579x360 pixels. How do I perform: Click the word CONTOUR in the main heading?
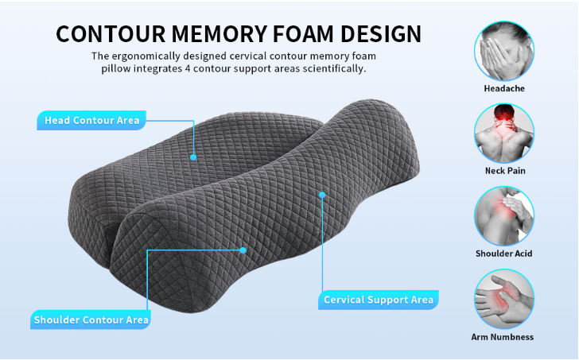click(x=111, y=34)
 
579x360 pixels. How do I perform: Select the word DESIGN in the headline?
click(x=381, y=34)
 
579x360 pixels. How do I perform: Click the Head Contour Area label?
click(x=91, y=120)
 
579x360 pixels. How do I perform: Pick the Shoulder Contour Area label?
click(x=91, y=319)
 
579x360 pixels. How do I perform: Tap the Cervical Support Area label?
click(x=379, y=300)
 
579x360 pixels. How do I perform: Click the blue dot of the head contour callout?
click(x=193, y=157)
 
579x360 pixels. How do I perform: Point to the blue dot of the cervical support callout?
click(x=322, y=195)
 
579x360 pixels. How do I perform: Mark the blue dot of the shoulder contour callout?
click(x=243, y=250)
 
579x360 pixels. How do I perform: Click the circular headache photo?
click(x=504, y=51)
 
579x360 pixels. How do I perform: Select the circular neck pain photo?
click(x=504, y=134)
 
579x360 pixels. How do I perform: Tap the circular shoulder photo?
click(x=504, y=216)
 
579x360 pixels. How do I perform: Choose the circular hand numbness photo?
click(x=504, y=299)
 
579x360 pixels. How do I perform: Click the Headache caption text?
click(x=504, y=88)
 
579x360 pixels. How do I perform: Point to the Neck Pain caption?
click(x=505, y=171)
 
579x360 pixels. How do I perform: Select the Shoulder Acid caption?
click(x=504, y=254)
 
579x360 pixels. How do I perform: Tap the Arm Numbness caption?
click(x=503, y=337)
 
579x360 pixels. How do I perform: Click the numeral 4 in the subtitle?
click(x=188, y=69)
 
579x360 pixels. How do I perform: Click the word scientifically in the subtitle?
click(x=334, y=69)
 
